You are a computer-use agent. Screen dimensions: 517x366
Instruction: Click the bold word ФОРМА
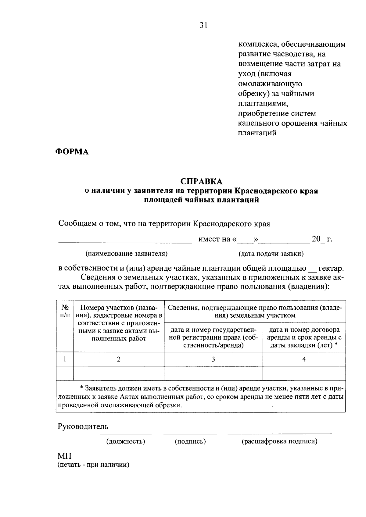72,152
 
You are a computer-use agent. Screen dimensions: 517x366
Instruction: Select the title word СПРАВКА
201,181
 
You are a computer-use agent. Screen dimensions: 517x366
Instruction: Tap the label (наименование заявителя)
127,254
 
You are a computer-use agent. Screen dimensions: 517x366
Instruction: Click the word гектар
331,269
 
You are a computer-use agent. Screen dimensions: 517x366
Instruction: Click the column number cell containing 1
65,359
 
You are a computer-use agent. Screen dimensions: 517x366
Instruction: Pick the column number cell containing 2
119,359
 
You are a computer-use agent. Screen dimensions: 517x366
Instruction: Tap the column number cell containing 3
213,359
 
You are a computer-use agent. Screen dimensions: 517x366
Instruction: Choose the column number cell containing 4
304,359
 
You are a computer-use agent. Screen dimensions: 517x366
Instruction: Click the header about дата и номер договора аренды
304,337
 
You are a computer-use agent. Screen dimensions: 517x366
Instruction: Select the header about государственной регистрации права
213,337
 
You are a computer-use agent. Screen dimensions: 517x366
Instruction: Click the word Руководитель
83,426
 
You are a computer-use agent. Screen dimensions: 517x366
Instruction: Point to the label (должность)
125,441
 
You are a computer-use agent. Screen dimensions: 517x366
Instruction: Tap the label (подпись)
190,441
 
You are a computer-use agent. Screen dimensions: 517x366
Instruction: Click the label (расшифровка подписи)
279,441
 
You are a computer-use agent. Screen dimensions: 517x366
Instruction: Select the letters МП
64,457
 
